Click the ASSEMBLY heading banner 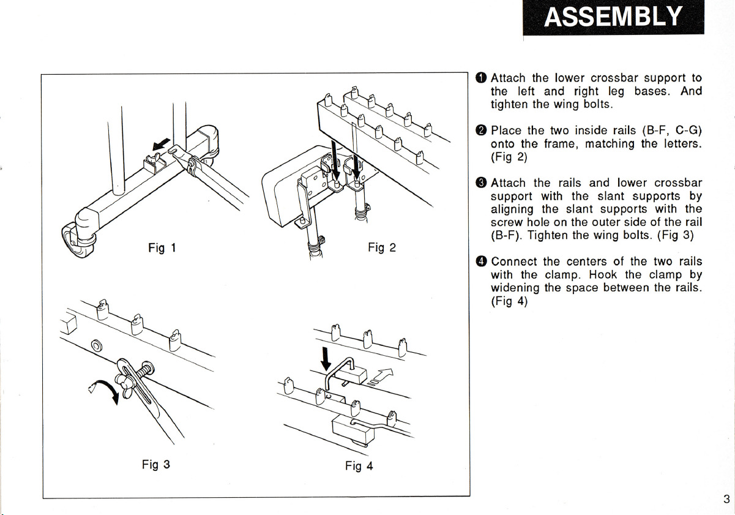pyautogui.click(x=613, y=17)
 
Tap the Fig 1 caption pyautogui.click(x=162, y=247)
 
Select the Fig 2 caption pyautogui.click(x=382, y=247)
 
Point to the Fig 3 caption pyautogui.click(x=156, y=464)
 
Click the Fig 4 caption pyautogui.click(x=359, y=466)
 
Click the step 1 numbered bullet pyautogui.click(x=481, y=78)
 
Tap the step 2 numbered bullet pyautogui.click(x=481, y=130)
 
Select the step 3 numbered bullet pyautogui.click(x=481, y=183)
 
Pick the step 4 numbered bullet pyautogui.click(x=481, y=261)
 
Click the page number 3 pyautogui.click(x=726, y=499)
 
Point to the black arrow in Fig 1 pyautogui.click(x=161, y=145)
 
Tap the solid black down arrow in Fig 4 pyautogui.click(x=326, y=358)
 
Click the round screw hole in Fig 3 pyautogui.click(x=97, y=345)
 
